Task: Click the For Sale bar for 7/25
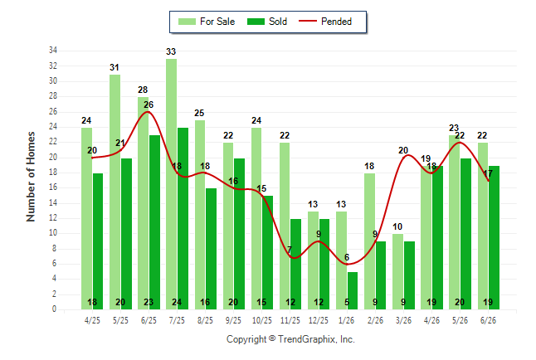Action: coord(172,184)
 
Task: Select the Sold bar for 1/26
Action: coord(353,290)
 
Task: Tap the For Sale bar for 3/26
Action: coord(398,271)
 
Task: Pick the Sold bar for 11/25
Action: coord(295,264)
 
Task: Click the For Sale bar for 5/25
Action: coord(115,192)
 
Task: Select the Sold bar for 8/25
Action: coord(211,249)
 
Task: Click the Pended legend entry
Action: coord(325,22)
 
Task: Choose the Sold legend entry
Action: coord(267,22)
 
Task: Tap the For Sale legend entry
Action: coord(207,22)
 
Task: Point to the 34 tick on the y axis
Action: coord(53,51)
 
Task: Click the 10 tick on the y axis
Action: coord(53,233)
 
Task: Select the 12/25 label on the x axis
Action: coord(319,320)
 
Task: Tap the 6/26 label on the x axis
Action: coord(488,320)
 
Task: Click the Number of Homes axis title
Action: coord(31,177)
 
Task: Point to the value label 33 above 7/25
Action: coord(171,51)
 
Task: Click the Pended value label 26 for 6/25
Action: coord(149,105)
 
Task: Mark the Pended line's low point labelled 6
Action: coord(347,264)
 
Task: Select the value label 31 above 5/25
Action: coord(115,67)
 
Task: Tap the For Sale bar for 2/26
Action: coord(369,241)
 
